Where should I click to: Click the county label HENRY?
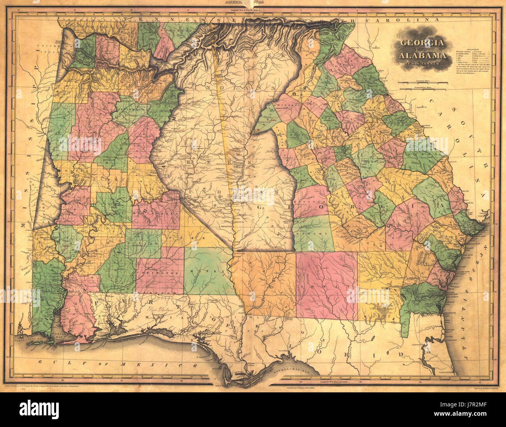point(208,270)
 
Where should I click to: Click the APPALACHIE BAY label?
point(288,372)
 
